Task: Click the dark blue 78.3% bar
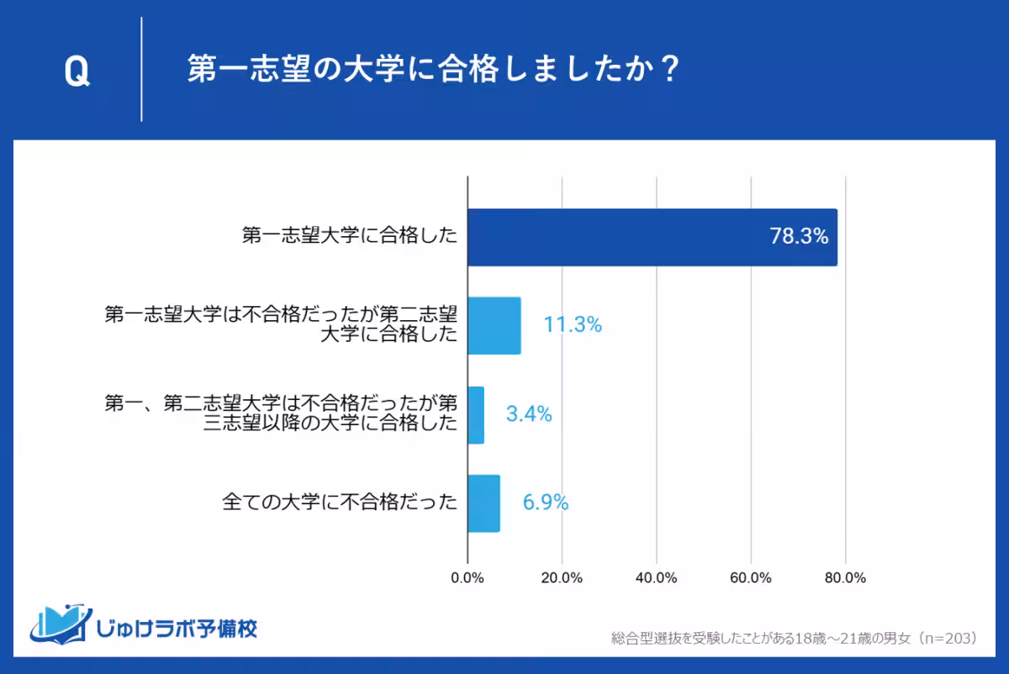pyautogui.click(x=652, y=237)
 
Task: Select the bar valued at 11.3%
pyautogui.click(x=494, y=325)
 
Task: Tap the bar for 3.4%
pyautogui.click(x=476, y=414)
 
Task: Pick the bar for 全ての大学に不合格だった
pyautogui.click(x=483, y=503)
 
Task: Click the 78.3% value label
pyautogui.click(x=799, y=237)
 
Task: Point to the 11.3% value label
pyautogui.click(x=573, y=325)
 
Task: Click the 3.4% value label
pyautogui.click(x=529, y=414)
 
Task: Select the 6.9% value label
pyautogui.click(x=546, y=503)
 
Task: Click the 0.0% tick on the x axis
pyautogui.click(x=468, y=578)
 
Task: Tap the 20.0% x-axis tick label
pyautogui.click(x=562, y=578)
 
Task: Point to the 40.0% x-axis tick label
pyautogui.click(x=657, y=578)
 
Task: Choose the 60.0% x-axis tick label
pyautogui.click(x=751, y=578)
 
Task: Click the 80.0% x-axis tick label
pyautogui.click(x=845, y=578)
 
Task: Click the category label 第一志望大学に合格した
pyautogui.click(x=350, y=237)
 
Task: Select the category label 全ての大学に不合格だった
pyautogui.click(x=340, y=503)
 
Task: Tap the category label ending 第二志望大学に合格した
pyautogui.click(x=281, y=325)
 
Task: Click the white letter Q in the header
pyautogui.click(x=77, y=72)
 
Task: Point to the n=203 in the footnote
pyautogui.click(x=948, y=639)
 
